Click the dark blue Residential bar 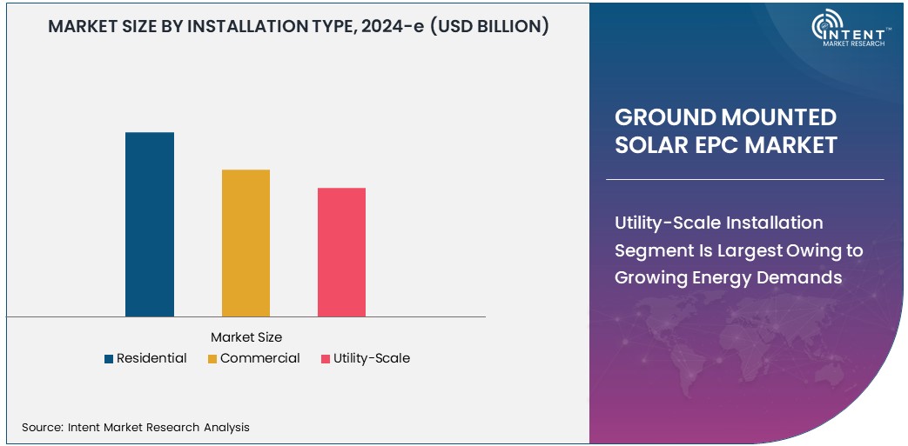coord(150,224)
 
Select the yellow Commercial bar coord(245,243)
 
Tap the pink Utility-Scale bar coord(341,252)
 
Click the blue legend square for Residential coord(109,359)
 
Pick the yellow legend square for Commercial coord(212,359)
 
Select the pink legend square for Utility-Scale coord(326,359)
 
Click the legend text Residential coord(151,358)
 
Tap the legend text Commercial coord(259,358)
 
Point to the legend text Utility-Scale coord(371,358)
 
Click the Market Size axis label coord(246,337)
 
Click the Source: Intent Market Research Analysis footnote coord(136,427)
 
